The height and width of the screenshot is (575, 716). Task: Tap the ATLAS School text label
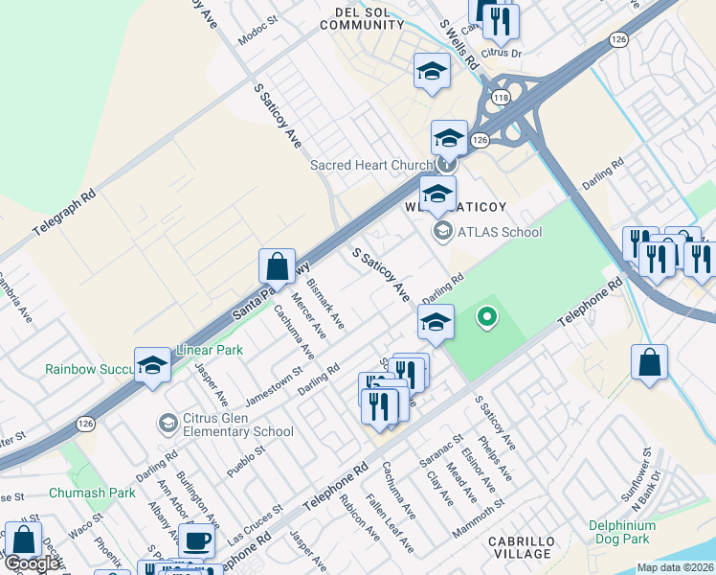pos(499,232)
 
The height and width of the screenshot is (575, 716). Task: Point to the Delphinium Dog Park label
pos(623,533)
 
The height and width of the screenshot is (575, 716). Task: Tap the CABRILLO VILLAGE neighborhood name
pos(521,547)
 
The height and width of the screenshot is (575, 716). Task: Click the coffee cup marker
pos(196,540)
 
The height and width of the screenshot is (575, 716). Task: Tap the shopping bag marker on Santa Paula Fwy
pos(277,265)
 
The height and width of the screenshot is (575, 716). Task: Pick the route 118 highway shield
pos(501,98)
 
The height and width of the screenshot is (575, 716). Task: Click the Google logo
pos(32,563)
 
